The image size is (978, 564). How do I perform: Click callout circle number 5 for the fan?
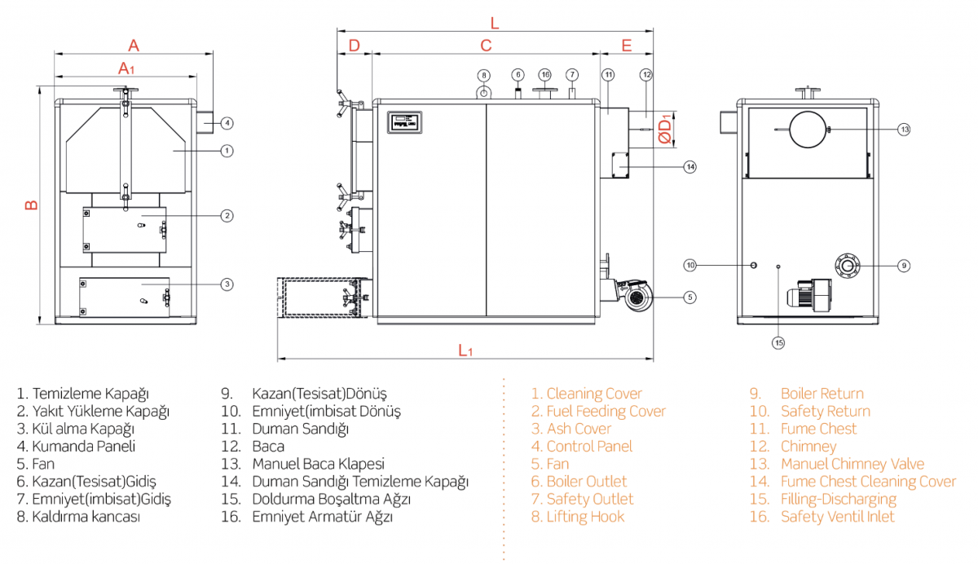coord(690,297)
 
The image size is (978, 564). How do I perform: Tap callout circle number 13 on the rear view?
coord(904,130)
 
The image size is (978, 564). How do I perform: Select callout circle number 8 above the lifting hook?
coord(483,75)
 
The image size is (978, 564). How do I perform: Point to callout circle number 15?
coord(778,343)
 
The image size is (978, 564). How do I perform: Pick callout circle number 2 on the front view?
coord(227,215)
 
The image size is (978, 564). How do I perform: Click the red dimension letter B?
coord(31,205)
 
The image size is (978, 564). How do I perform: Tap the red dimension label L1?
coord(465,350)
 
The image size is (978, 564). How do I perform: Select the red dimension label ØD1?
coord(666,129)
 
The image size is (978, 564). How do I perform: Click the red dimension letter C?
coord(486,45)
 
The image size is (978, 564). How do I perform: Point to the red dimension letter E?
coord(626,45)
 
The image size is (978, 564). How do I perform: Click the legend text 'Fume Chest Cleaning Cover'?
coord(868,482)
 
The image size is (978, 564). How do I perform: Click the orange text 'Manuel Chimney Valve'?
coord(852,464)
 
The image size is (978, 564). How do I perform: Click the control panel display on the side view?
coord(404,121)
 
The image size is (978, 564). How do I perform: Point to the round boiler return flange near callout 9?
coord(848,265)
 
